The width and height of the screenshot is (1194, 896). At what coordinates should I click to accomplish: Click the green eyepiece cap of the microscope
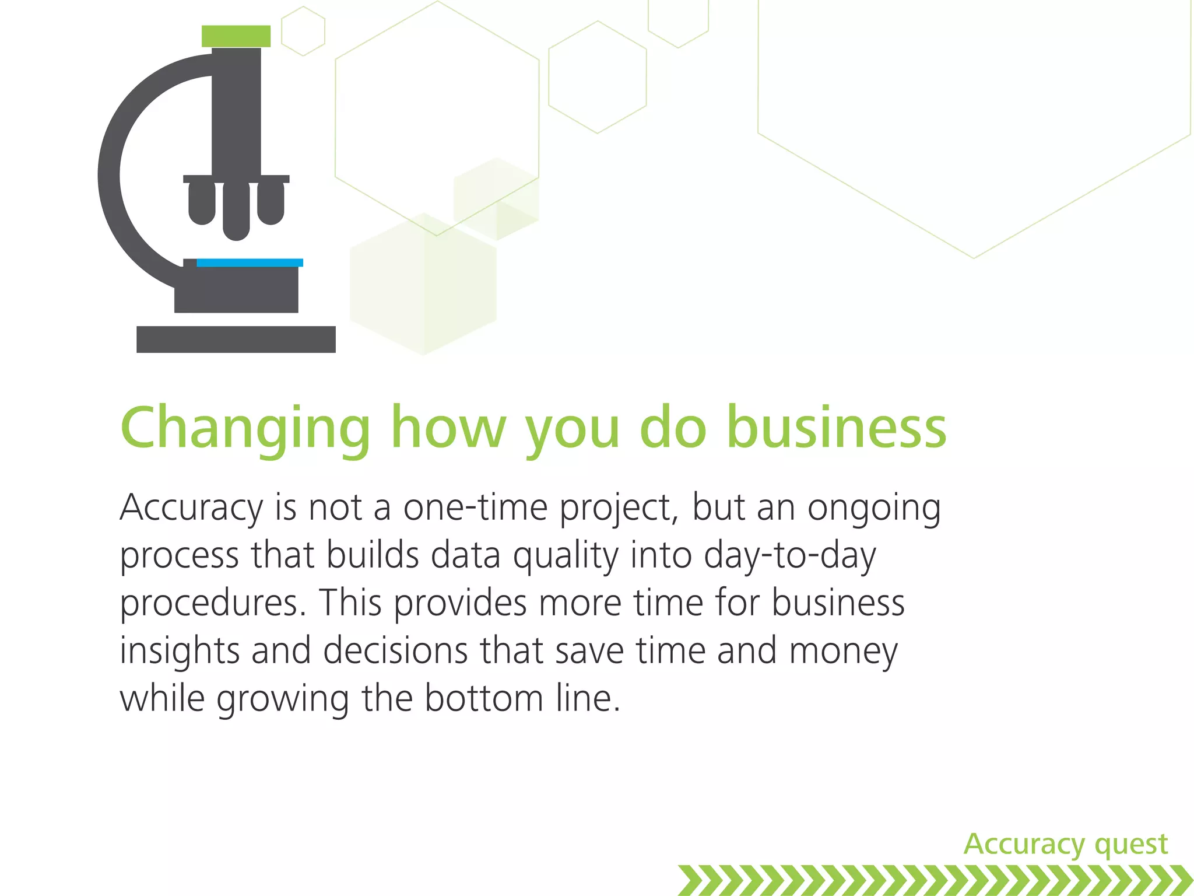tap(236, 36)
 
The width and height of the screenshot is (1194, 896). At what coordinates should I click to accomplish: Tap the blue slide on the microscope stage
tap(250, 262)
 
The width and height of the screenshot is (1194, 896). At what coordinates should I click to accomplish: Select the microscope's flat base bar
tap(236, 339)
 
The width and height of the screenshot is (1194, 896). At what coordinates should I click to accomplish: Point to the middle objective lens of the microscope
tap(236, 211)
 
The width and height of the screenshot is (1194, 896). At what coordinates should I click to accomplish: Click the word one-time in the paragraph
tap(475, 507)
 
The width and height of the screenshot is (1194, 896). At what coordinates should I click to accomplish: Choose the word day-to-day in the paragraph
tap(789, 556)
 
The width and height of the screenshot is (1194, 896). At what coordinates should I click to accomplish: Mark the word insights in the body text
tap(180, 651)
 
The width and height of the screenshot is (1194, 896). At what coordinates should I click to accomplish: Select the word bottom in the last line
tap(483, 698)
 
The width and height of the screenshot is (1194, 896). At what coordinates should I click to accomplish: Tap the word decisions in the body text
tap(395, 651)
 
